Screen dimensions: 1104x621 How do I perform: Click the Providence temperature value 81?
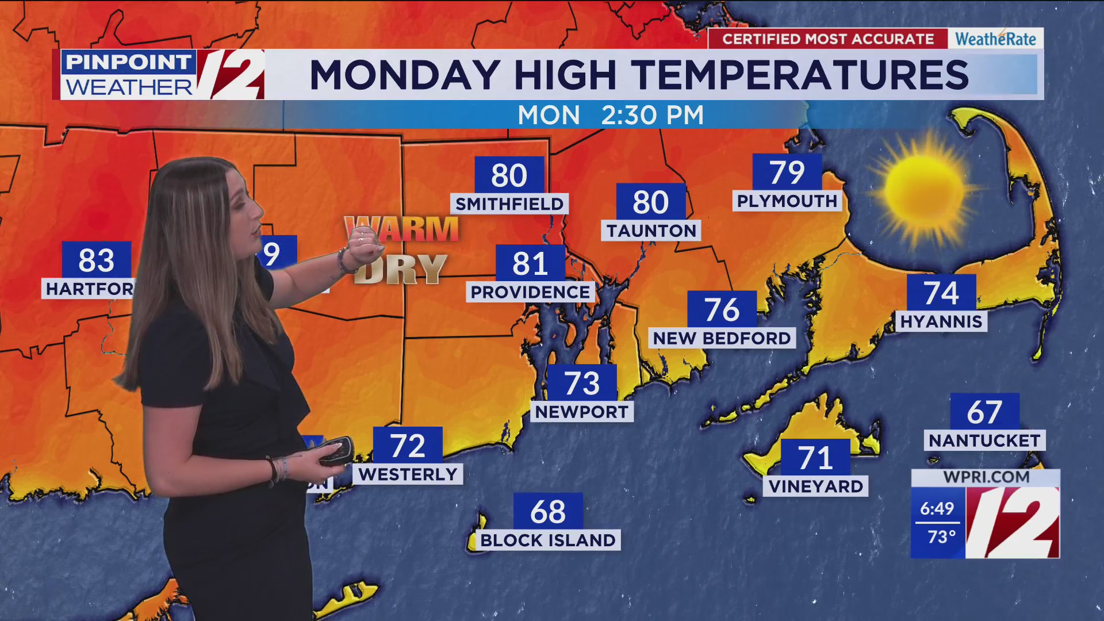(x=530, y=264)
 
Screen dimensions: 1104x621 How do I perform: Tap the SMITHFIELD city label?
(x=509, y=204)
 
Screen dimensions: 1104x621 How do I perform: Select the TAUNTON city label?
(x=651, y=231)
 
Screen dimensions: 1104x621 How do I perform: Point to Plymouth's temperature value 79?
(x=787, y=172)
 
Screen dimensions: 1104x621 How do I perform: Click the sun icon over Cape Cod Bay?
(x=924, y=189)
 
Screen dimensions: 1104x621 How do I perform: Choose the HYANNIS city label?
(x=941, y=321)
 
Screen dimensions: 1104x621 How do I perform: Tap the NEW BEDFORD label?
(x=722, y=338)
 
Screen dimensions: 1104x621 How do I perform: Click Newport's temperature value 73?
(x=582, y=384)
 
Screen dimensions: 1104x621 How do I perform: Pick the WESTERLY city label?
(x=408, y=474)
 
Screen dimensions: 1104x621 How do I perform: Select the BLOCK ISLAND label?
(x=548, y=540)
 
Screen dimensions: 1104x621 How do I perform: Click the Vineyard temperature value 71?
(x=815, y=458)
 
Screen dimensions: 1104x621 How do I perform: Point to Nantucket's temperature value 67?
(x=984, y=412)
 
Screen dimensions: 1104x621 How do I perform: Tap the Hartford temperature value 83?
(x=97, y=260)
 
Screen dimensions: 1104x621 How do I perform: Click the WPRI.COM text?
(x=986, y=477)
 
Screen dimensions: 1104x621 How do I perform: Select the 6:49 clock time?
(x=937, y=508)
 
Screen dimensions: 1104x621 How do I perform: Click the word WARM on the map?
(x=402, y=229)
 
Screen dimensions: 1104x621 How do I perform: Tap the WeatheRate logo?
(x=995, y=39)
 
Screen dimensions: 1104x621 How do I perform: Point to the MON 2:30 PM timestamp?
(x=610, y=115)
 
